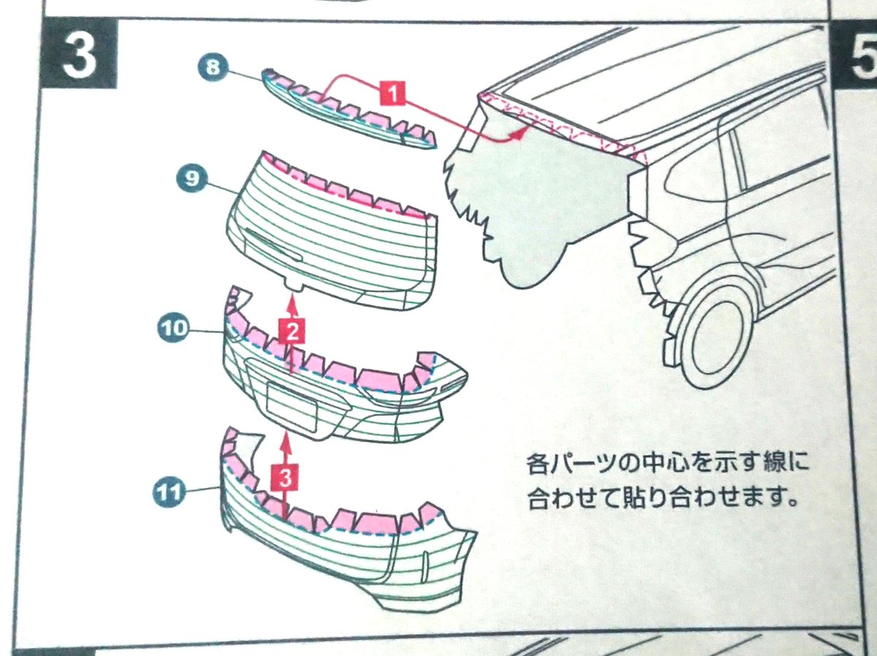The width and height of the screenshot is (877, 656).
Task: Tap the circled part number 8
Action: (212, 69)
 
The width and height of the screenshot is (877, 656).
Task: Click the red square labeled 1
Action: (393, 94)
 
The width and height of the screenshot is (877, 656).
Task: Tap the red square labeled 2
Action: (292, 333)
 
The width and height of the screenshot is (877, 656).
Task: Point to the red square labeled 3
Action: (286, 478)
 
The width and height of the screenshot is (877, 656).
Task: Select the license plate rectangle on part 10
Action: (292, 405)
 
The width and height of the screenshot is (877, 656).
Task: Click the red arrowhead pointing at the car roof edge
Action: (520, 132)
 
